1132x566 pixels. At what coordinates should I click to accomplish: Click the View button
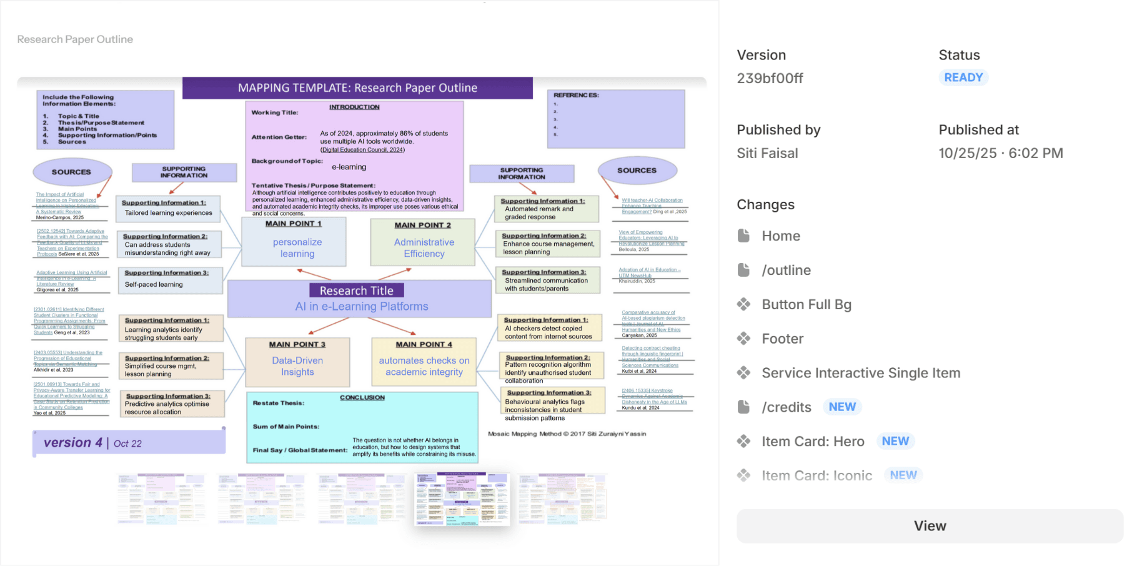pyautogui.click(x=930, y=526)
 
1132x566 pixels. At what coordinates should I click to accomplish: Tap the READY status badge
pyautogui.click(x=963, y=77)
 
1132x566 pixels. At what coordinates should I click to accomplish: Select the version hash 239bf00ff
pyautogui.click(x=770, y=78)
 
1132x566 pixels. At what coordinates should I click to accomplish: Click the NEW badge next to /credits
pyautogui.click(x=842, y=407)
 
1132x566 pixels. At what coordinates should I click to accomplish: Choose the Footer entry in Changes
pyautogui.click(x=782, y=339)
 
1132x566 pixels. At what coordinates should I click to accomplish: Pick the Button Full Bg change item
pyautogui.click(x=806, y=304)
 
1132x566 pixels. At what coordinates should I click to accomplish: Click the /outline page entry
pyautogui.click(x=786, y=270)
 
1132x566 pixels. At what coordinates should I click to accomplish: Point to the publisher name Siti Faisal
pyautogui.click(x=767, y=153)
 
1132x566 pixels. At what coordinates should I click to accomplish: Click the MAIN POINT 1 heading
pyautogui.click(x=294, y=224)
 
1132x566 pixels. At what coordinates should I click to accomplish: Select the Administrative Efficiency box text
pyautogui.click(x=424, y=248)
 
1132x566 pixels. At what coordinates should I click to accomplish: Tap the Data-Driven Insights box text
pyautogui.click(x=297, y=366)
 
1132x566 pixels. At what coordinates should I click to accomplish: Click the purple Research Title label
pyautogui.click(x=357, y=290)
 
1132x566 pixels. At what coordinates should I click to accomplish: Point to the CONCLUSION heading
pyautogui.click(x=362, y=397)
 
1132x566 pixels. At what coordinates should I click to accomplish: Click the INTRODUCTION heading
pyautogui.click(x=354, y=107)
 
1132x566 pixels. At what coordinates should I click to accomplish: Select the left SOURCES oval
pyautogui.click(x=71, y=172)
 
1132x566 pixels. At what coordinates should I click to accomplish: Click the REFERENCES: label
pyautogui.click(x=576, y=95)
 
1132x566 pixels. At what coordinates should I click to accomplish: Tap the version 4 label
pyautogui.click(x=73, y=442)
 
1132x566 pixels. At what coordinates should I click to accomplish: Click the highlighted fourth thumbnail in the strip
pyautogui.click(x=462, y=499)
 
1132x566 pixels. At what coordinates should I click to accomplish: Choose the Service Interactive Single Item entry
pyautogui.click(x=860, y=373)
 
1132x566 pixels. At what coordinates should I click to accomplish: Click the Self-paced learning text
pyautogui.click(x=154, y=284)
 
